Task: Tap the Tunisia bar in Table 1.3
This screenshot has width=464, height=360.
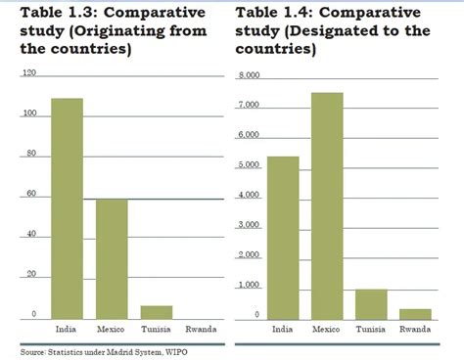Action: (157, 311)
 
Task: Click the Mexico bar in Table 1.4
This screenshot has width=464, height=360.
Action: (327, 205)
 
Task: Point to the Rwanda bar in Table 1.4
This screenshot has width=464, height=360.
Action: (415, 313)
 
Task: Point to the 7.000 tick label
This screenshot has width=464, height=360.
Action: (249, 105)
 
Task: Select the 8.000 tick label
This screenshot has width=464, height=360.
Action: (249, 75)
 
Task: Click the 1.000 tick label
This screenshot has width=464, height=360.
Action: (249, 285)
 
